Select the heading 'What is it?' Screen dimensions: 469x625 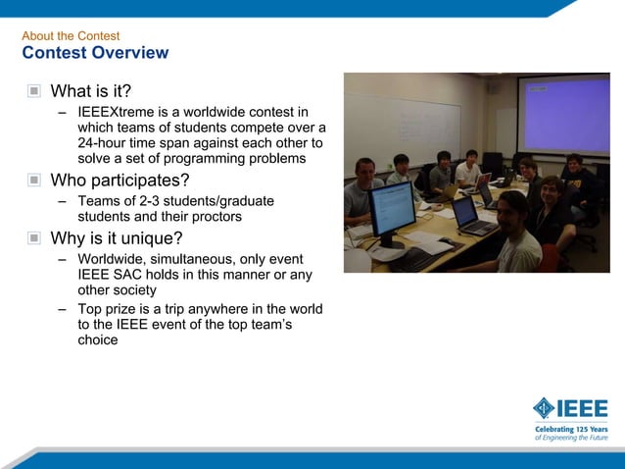click(90, 91)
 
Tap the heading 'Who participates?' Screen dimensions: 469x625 click(120, 181)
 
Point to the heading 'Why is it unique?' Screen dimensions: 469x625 click(117, 237)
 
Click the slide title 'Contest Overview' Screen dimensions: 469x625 click(95, 53)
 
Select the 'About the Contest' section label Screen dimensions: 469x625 click(71, 36)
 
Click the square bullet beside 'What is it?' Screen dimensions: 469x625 click(34, 91)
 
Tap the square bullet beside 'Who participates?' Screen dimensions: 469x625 click(34, 181)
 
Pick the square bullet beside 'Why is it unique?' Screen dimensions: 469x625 click(34, 237)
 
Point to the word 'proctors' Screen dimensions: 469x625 click(214, 216)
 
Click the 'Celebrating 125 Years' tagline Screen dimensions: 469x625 click(570, 430)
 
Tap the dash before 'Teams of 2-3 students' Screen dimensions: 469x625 click(63, 201)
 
